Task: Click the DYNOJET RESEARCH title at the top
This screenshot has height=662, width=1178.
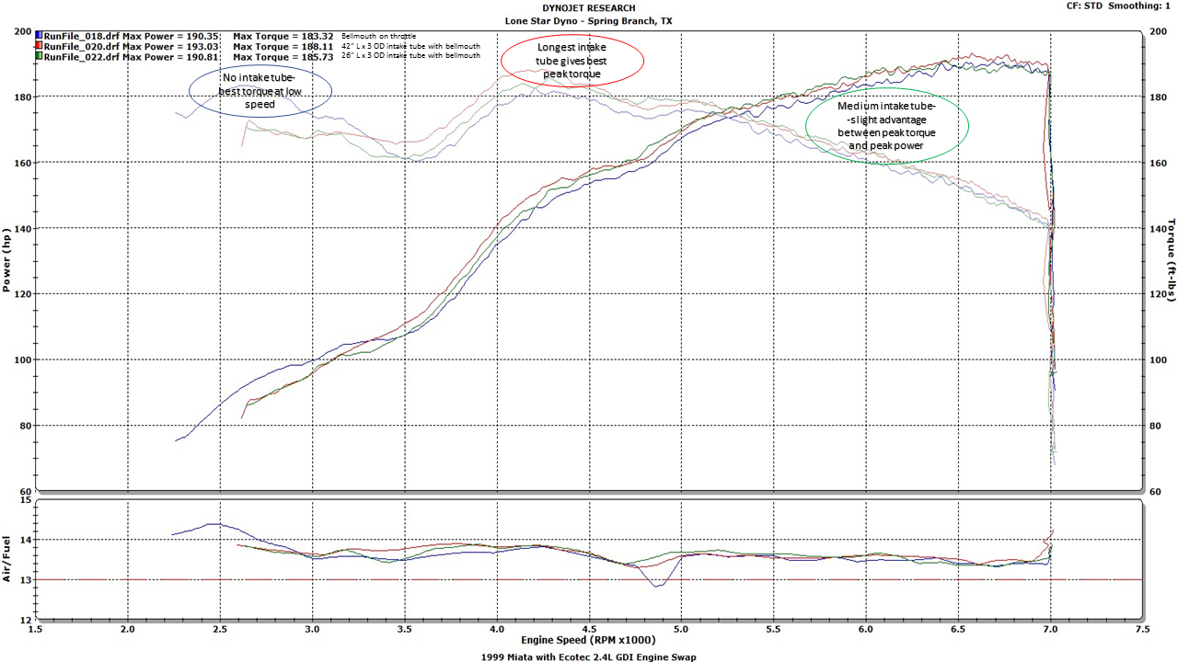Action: (x=588, y=7)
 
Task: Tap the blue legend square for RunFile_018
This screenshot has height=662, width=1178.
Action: (x=39, y=36)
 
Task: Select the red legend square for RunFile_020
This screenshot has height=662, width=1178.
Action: (x=39, y=46)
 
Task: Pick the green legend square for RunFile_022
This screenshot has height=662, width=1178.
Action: (x=39, y=56)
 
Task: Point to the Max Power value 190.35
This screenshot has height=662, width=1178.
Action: (x=201, y=36)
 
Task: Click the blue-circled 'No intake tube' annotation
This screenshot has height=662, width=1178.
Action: (x=260, y=91)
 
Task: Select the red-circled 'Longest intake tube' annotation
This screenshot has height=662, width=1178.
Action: (x=572, y=61)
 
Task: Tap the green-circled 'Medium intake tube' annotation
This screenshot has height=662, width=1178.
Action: (x=886, y=126)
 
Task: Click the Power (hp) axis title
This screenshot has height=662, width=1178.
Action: (x=7, y=260)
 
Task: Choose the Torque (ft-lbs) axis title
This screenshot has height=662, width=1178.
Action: (x=1172, y=260)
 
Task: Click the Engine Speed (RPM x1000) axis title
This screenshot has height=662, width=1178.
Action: (x=589, y=640)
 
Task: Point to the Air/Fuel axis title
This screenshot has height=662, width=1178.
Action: (x=7, y=559)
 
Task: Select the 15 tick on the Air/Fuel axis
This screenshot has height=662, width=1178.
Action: (x=26, y=500)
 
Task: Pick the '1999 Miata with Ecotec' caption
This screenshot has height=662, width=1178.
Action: (x=589, y=656)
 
